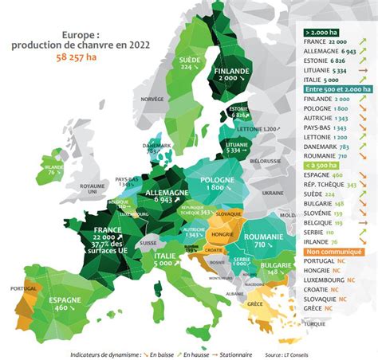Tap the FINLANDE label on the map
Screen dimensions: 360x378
click(x=233, y=71)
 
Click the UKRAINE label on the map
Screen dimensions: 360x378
click(x=274, y=192)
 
